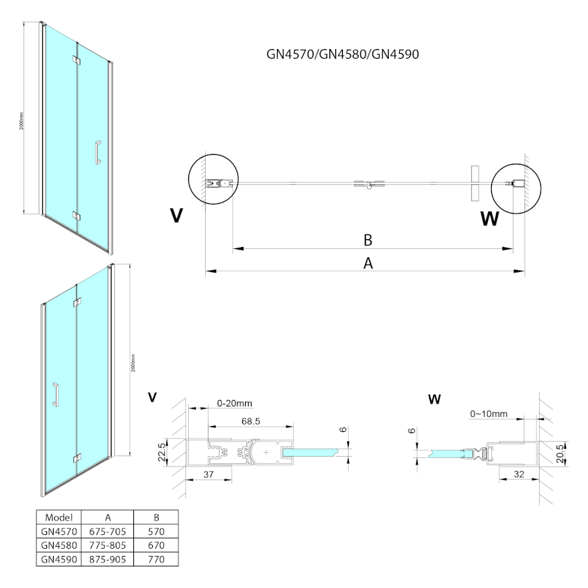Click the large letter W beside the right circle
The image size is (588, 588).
[x=489, y=219]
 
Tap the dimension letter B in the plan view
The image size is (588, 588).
[x=368, y=240]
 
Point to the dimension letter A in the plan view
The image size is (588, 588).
[x=368, y=263]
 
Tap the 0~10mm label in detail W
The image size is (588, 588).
[x=489, y=414]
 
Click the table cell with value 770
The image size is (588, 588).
[x=155, y=559]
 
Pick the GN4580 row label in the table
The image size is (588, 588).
[x=59, y=545]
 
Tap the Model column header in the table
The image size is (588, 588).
[x=59, y=516]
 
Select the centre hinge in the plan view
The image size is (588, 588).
[x=368, y=185]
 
